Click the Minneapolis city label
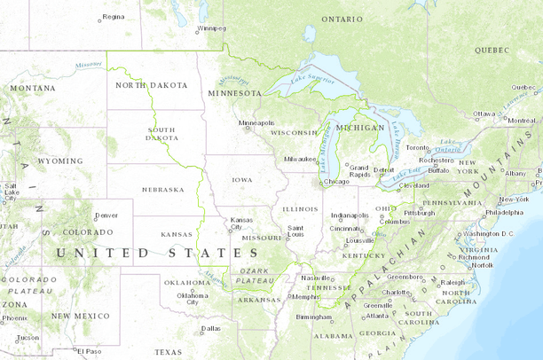coord(256,123)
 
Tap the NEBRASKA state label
coord(162,189)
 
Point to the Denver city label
coord(106,215)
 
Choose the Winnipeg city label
coord(212,27)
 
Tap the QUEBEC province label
coord(492,51)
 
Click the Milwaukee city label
coord(301,159)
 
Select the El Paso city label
coord(89,351)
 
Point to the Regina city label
coord(113,17)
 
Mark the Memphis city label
coord(305,296)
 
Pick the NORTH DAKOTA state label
coord(152,85)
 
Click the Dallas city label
coord(210,328)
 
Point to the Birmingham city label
coord(314,317)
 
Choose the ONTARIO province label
coord(342,19)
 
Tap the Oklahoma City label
coord(192,298)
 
